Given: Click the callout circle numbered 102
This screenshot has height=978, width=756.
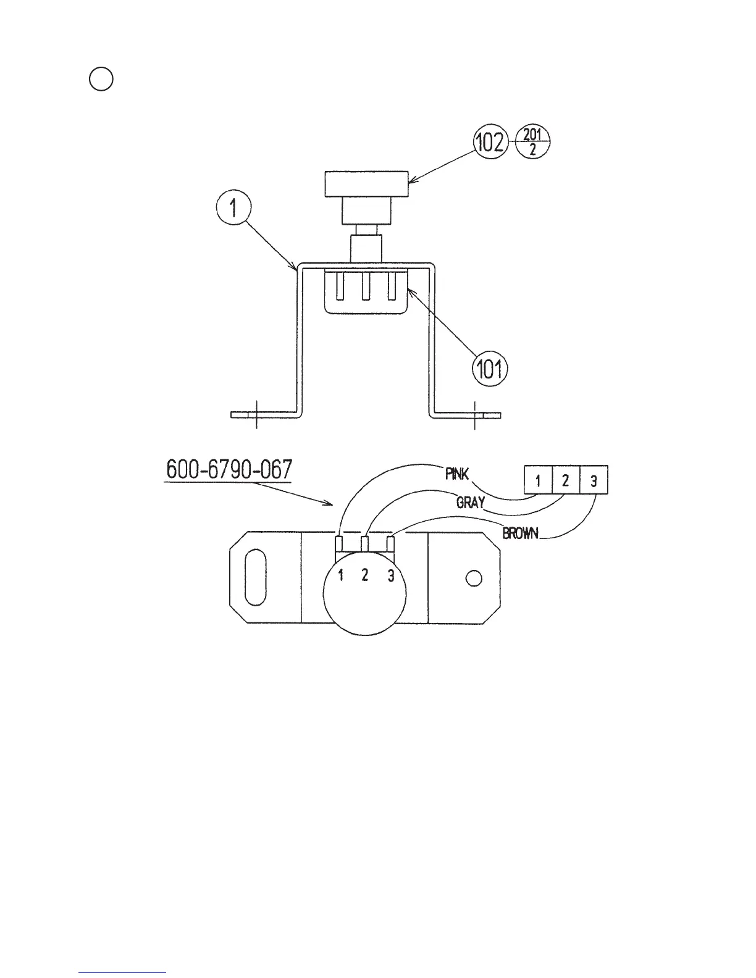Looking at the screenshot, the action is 490,143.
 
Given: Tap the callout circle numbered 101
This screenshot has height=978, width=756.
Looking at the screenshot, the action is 490,370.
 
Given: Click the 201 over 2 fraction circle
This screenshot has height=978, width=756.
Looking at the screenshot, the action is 532,143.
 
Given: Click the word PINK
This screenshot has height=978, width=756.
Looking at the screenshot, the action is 457,474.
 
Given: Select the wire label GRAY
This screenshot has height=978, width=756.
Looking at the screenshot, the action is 470,503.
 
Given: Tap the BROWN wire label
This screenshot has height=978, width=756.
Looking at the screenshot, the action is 521,533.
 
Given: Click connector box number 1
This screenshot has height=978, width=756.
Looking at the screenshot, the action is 538,480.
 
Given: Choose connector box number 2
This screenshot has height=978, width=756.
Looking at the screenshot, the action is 566,480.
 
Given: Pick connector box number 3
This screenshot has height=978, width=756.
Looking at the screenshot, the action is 594,480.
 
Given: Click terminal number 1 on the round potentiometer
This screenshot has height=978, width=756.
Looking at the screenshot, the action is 340,576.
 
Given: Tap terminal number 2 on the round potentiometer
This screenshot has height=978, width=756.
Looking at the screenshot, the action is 365,576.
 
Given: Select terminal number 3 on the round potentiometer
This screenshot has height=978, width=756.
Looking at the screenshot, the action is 390,576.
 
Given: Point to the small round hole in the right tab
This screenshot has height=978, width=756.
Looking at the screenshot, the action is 474,579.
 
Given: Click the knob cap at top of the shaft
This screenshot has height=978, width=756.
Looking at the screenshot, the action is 366,184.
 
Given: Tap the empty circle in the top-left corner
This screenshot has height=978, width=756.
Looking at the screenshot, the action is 101,79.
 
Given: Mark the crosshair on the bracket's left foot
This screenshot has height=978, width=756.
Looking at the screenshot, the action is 256,414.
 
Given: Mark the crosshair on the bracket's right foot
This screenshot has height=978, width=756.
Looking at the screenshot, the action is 474,414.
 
